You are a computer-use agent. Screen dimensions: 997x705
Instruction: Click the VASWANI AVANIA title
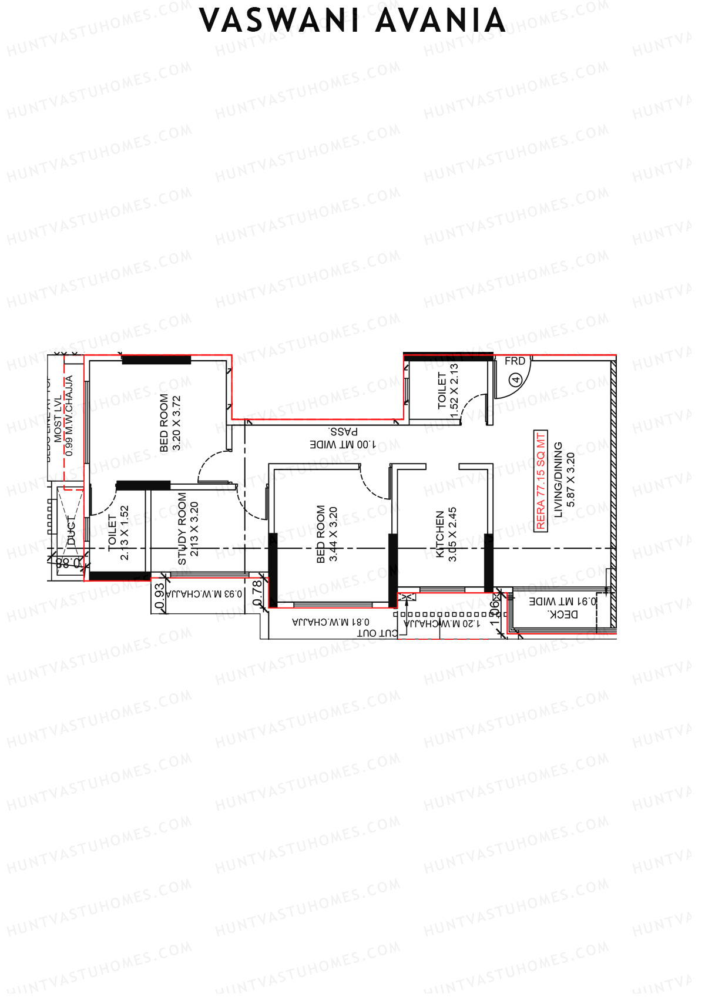click(352, 21)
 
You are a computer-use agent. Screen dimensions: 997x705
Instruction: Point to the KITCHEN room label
click(440, 533)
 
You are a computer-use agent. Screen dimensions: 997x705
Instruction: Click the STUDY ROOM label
click(182, 528)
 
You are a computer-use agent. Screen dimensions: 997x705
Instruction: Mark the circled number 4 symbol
click(516, 380)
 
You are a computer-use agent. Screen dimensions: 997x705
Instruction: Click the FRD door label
click(515, 361)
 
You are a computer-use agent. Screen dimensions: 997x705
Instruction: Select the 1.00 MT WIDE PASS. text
click(343, 439)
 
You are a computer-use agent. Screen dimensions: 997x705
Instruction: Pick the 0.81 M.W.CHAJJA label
click(331, 622)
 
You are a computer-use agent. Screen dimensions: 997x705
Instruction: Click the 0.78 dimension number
click(257, 593)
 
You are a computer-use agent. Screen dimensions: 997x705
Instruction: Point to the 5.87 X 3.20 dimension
click(570, 479)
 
